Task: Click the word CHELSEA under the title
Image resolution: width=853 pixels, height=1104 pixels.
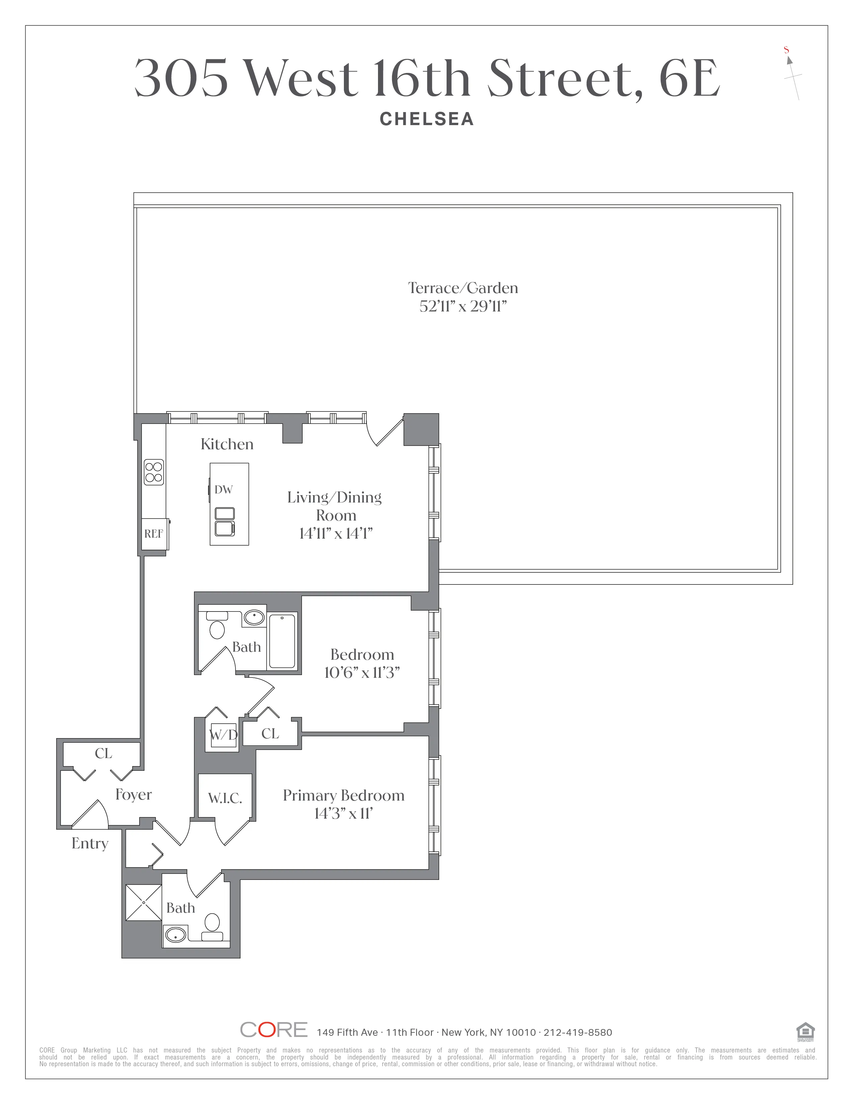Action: (426, 119)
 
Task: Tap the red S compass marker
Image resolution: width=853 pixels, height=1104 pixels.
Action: (786, 50)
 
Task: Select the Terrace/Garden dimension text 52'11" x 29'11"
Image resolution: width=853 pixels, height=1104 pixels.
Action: (463, 306)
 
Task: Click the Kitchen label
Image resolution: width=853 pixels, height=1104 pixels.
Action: (227, 444)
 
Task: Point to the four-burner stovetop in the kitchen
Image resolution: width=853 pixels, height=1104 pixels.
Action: (154, 472)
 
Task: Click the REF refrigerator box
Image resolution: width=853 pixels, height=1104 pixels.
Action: (154, 534)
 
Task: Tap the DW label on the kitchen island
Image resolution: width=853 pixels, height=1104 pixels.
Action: (223, 489)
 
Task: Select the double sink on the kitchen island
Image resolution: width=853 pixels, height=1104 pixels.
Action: (225, 521)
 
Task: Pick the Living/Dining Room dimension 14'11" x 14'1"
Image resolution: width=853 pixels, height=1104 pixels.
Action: (336, 533)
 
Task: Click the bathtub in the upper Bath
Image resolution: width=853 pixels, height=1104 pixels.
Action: (282, 640)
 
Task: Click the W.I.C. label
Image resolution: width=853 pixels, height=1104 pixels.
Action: (225, 798)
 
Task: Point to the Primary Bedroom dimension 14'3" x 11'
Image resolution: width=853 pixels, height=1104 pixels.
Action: (343, 813)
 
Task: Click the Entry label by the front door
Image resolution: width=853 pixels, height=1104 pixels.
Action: (90, 843)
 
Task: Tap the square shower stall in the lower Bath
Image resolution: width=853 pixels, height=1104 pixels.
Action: (144, 902)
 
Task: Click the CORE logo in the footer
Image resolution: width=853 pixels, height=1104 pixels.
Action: (273, 1030)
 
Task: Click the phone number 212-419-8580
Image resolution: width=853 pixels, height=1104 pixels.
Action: (578, 1032)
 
